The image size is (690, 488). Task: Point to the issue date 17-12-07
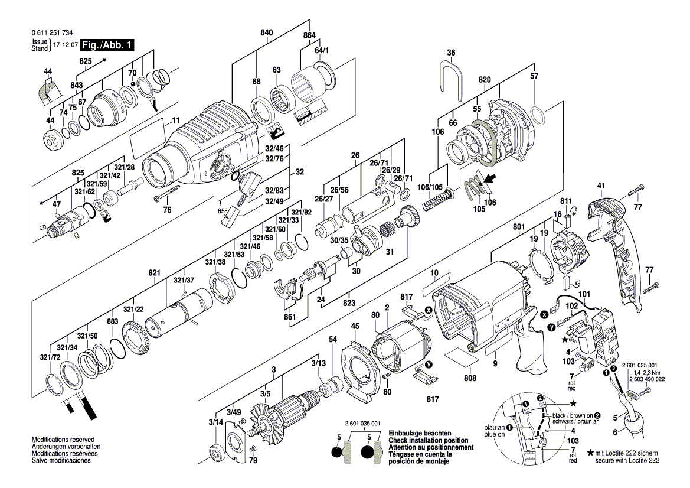pos(65,45)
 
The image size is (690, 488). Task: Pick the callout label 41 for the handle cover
pos(601,186)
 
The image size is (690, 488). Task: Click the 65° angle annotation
pos(223,211)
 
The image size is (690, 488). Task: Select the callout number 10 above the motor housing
pos(434,274)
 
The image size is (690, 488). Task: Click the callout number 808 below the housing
pos(470,378)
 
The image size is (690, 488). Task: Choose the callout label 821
pos(155,272)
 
